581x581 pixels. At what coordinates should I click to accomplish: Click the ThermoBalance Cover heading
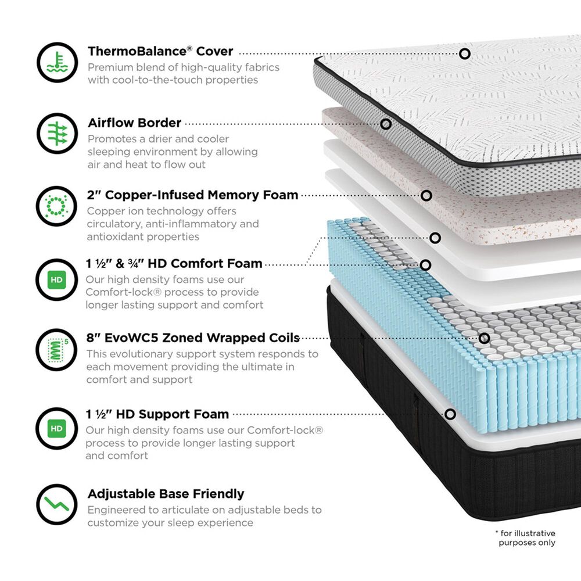[x=160, y=51]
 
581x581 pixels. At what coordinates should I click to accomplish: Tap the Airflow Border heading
[x=134, y=123]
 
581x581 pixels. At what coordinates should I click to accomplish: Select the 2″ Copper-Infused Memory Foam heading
[x=192, y=195]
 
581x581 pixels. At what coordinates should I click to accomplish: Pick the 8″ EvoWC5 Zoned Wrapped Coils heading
[x=193, y=338]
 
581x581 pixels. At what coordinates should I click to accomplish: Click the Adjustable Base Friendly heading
[x=166, y=494]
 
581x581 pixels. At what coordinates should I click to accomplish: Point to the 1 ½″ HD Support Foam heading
[x=157, y=414]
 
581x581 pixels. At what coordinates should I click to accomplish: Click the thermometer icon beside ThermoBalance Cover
[x=57, y=62]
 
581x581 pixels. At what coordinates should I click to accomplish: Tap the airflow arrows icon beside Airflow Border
[x=57, y=134]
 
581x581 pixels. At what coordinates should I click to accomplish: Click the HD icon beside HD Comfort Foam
[x=56, y=279]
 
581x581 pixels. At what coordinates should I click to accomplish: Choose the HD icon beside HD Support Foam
[x=56, y=429]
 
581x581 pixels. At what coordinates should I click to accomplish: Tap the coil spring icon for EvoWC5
[x=57, y=350]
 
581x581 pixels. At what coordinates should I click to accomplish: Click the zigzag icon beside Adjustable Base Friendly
[x=56, y=504]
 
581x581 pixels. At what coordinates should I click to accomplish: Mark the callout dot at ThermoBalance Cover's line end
[x=464, y=53]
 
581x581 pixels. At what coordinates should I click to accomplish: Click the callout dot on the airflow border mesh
[x=386, y=124]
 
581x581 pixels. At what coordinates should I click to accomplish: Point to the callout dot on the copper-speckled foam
[x=426, y=196]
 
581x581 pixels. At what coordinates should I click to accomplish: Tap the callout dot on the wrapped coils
[x=484, y=338]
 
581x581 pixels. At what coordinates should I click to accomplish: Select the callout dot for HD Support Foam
[x=450, y=414]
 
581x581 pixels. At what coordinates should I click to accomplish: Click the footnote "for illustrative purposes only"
[x=526, y=538]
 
